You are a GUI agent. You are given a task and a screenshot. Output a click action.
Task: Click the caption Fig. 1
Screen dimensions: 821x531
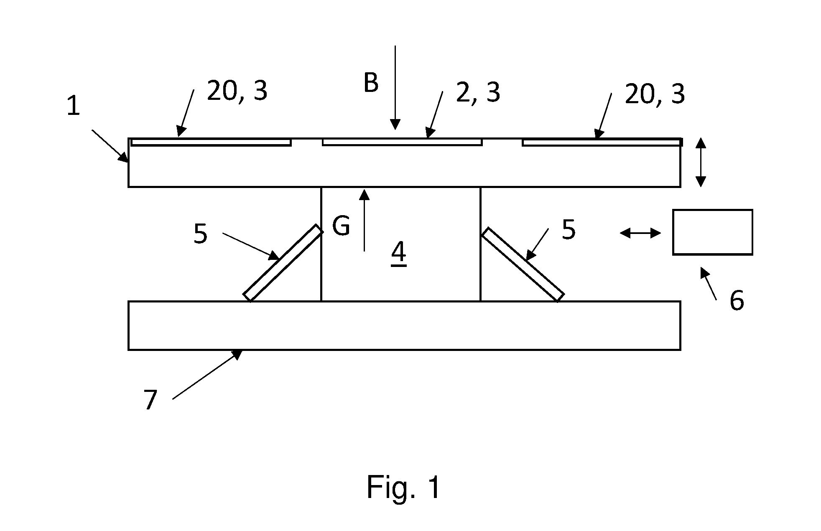pos(403,487)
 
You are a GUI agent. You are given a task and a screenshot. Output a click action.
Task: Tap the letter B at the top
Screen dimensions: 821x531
pos(371,82)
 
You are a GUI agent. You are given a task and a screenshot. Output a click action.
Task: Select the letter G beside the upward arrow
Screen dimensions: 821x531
pos(341,226)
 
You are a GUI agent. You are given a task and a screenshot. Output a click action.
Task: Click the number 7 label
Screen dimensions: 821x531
pos(150,400)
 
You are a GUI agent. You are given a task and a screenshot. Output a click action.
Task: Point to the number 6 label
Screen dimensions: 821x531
pos(737,300)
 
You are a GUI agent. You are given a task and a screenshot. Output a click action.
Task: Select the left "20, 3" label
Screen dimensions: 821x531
pos(237,91)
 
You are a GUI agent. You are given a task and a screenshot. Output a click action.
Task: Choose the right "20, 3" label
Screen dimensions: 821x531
pos(655,94)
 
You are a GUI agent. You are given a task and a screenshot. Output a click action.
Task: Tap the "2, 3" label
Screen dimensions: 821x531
pos(478,92)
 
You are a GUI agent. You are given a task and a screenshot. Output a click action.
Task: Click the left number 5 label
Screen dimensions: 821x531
pos(201,234)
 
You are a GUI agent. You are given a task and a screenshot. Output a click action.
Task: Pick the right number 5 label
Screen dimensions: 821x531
pos(569,229)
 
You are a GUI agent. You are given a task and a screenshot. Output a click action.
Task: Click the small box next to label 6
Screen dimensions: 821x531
pos(712,232)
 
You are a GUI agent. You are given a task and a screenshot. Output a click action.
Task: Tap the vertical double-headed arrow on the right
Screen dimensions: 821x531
pos(701,163)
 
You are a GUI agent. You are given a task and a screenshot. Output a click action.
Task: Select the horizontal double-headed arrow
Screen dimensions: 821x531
pos(640,233)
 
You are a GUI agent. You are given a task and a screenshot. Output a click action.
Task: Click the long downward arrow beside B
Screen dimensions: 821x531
pos(395,88)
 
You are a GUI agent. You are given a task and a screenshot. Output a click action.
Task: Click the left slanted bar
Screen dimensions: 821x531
pos(283,263)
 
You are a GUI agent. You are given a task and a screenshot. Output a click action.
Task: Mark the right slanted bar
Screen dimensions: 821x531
pos(523,264)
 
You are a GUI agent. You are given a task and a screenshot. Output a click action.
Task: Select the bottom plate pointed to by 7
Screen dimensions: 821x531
pos(404,325)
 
